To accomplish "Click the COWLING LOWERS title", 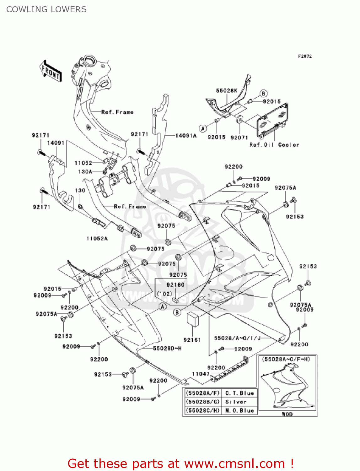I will [46, 9].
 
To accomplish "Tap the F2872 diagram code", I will [305, 56].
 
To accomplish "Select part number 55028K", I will [227, 91].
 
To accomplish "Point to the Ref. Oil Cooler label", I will [274, 145].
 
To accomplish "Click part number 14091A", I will [186, 136].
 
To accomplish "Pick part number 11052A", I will [97, 239].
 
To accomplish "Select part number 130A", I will [85, 172].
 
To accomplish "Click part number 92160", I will [175, 285].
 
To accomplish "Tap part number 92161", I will [192, 340].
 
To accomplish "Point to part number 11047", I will [201, 374].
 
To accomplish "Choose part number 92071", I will [239, 138].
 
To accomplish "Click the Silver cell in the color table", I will [236, 402].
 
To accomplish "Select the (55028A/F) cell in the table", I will [203, 393].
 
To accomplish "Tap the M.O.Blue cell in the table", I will [239, 411].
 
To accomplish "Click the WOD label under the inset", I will [287, 414].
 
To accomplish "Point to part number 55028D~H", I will [167, 348].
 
